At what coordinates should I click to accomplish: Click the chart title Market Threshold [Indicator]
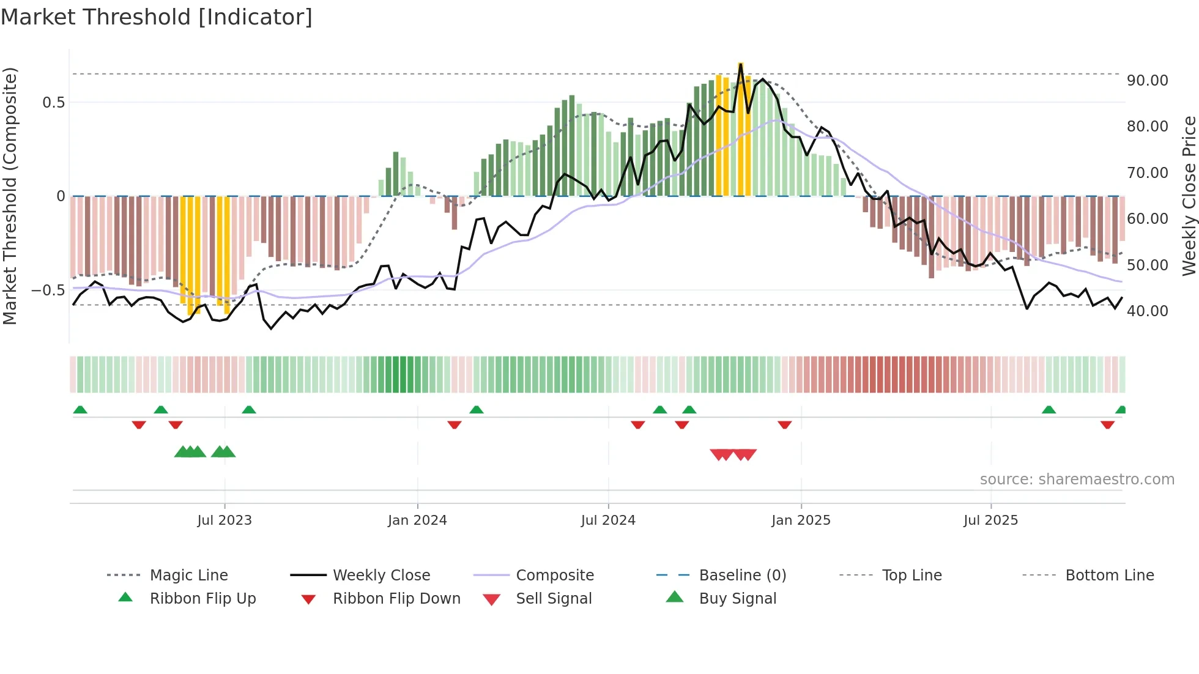pos(157,17)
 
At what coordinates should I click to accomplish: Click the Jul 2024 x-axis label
pos(608,520)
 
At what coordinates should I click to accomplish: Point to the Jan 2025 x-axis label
pos(801,520)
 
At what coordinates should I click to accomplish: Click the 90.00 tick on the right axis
pos(1148,80)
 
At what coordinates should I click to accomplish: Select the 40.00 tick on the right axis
pos(1148,311)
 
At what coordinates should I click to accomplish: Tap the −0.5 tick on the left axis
pos(48,290)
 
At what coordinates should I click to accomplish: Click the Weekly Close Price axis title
pos(1189,196)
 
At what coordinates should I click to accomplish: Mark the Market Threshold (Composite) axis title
pos(10,196)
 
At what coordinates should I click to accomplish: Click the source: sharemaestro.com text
pos(1077,479)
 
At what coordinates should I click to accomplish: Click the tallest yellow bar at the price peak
pos(741,128)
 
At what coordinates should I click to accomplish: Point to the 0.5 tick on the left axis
pos(53,102)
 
